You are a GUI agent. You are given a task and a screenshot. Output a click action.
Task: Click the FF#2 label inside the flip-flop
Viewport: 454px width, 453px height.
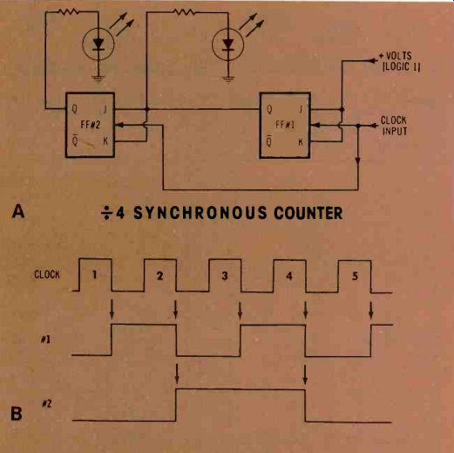pos(90,125)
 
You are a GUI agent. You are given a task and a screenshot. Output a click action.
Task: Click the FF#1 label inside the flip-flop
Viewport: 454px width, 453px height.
pos(285,125)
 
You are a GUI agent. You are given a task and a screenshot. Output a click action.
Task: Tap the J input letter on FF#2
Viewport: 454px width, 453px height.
pos(105,109)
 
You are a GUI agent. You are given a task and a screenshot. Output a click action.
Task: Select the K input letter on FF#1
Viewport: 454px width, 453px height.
pos(301,142)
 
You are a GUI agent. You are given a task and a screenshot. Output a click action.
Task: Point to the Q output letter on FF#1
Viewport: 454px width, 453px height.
pos(269,110)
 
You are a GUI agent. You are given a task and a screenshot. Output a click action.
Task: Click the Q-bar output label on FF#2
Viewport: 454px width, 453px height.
pos(75,141)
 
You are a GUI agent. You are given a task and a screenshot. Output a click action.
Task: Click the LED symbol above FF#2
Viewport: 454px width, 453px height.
pos(98,45)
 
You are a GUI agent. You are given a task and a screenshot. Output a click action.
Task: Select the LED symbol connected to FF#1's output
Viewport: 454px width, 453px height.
pos(228,45)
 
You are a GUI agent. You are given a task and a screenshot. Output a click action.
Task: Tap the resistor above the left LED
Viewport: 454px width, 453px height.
pos(69,11)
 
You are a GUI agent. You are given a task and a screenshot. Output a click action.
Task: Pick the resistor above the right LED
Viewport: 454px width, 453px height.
pos(184,11)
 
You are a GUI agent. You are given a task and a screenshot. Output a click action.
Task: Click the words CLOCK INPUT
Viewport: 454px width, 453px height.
pos(394,126)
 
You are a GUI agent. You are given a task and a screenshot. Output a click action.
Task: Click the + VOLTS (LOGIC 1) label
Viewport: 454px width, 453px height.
pos(399,61)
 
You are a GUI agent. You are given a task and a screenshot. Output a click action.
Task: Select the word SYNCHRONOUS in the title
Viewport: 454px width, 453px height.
pos(200,213)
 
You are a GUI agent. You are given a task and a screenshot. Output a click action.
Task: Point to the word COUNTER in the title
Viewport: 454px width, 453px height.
pos(308,213)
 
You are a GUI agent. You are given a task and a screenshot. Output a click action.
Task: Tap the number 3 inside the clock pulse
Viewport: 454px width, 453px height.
pos(225,276)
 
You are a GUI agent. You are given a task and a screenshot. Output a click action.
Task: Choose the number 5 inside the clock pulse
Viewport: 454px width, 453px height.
pos(355,276)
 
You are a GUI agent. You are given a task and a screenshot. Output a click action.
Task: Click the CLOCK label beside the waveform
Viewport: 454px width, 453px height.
pos(47,274)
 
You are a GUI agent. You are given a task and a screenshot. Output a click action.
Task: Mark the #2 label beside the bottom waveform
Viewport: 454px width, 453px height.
pos(46,403)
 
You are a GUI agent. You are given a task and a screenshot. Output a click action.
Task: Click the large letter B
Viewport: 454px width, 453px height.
pos(17,413)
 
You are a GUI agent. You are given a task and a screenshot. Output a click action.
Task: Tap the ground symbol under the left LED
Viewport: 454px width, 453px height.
pos(98,79)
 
